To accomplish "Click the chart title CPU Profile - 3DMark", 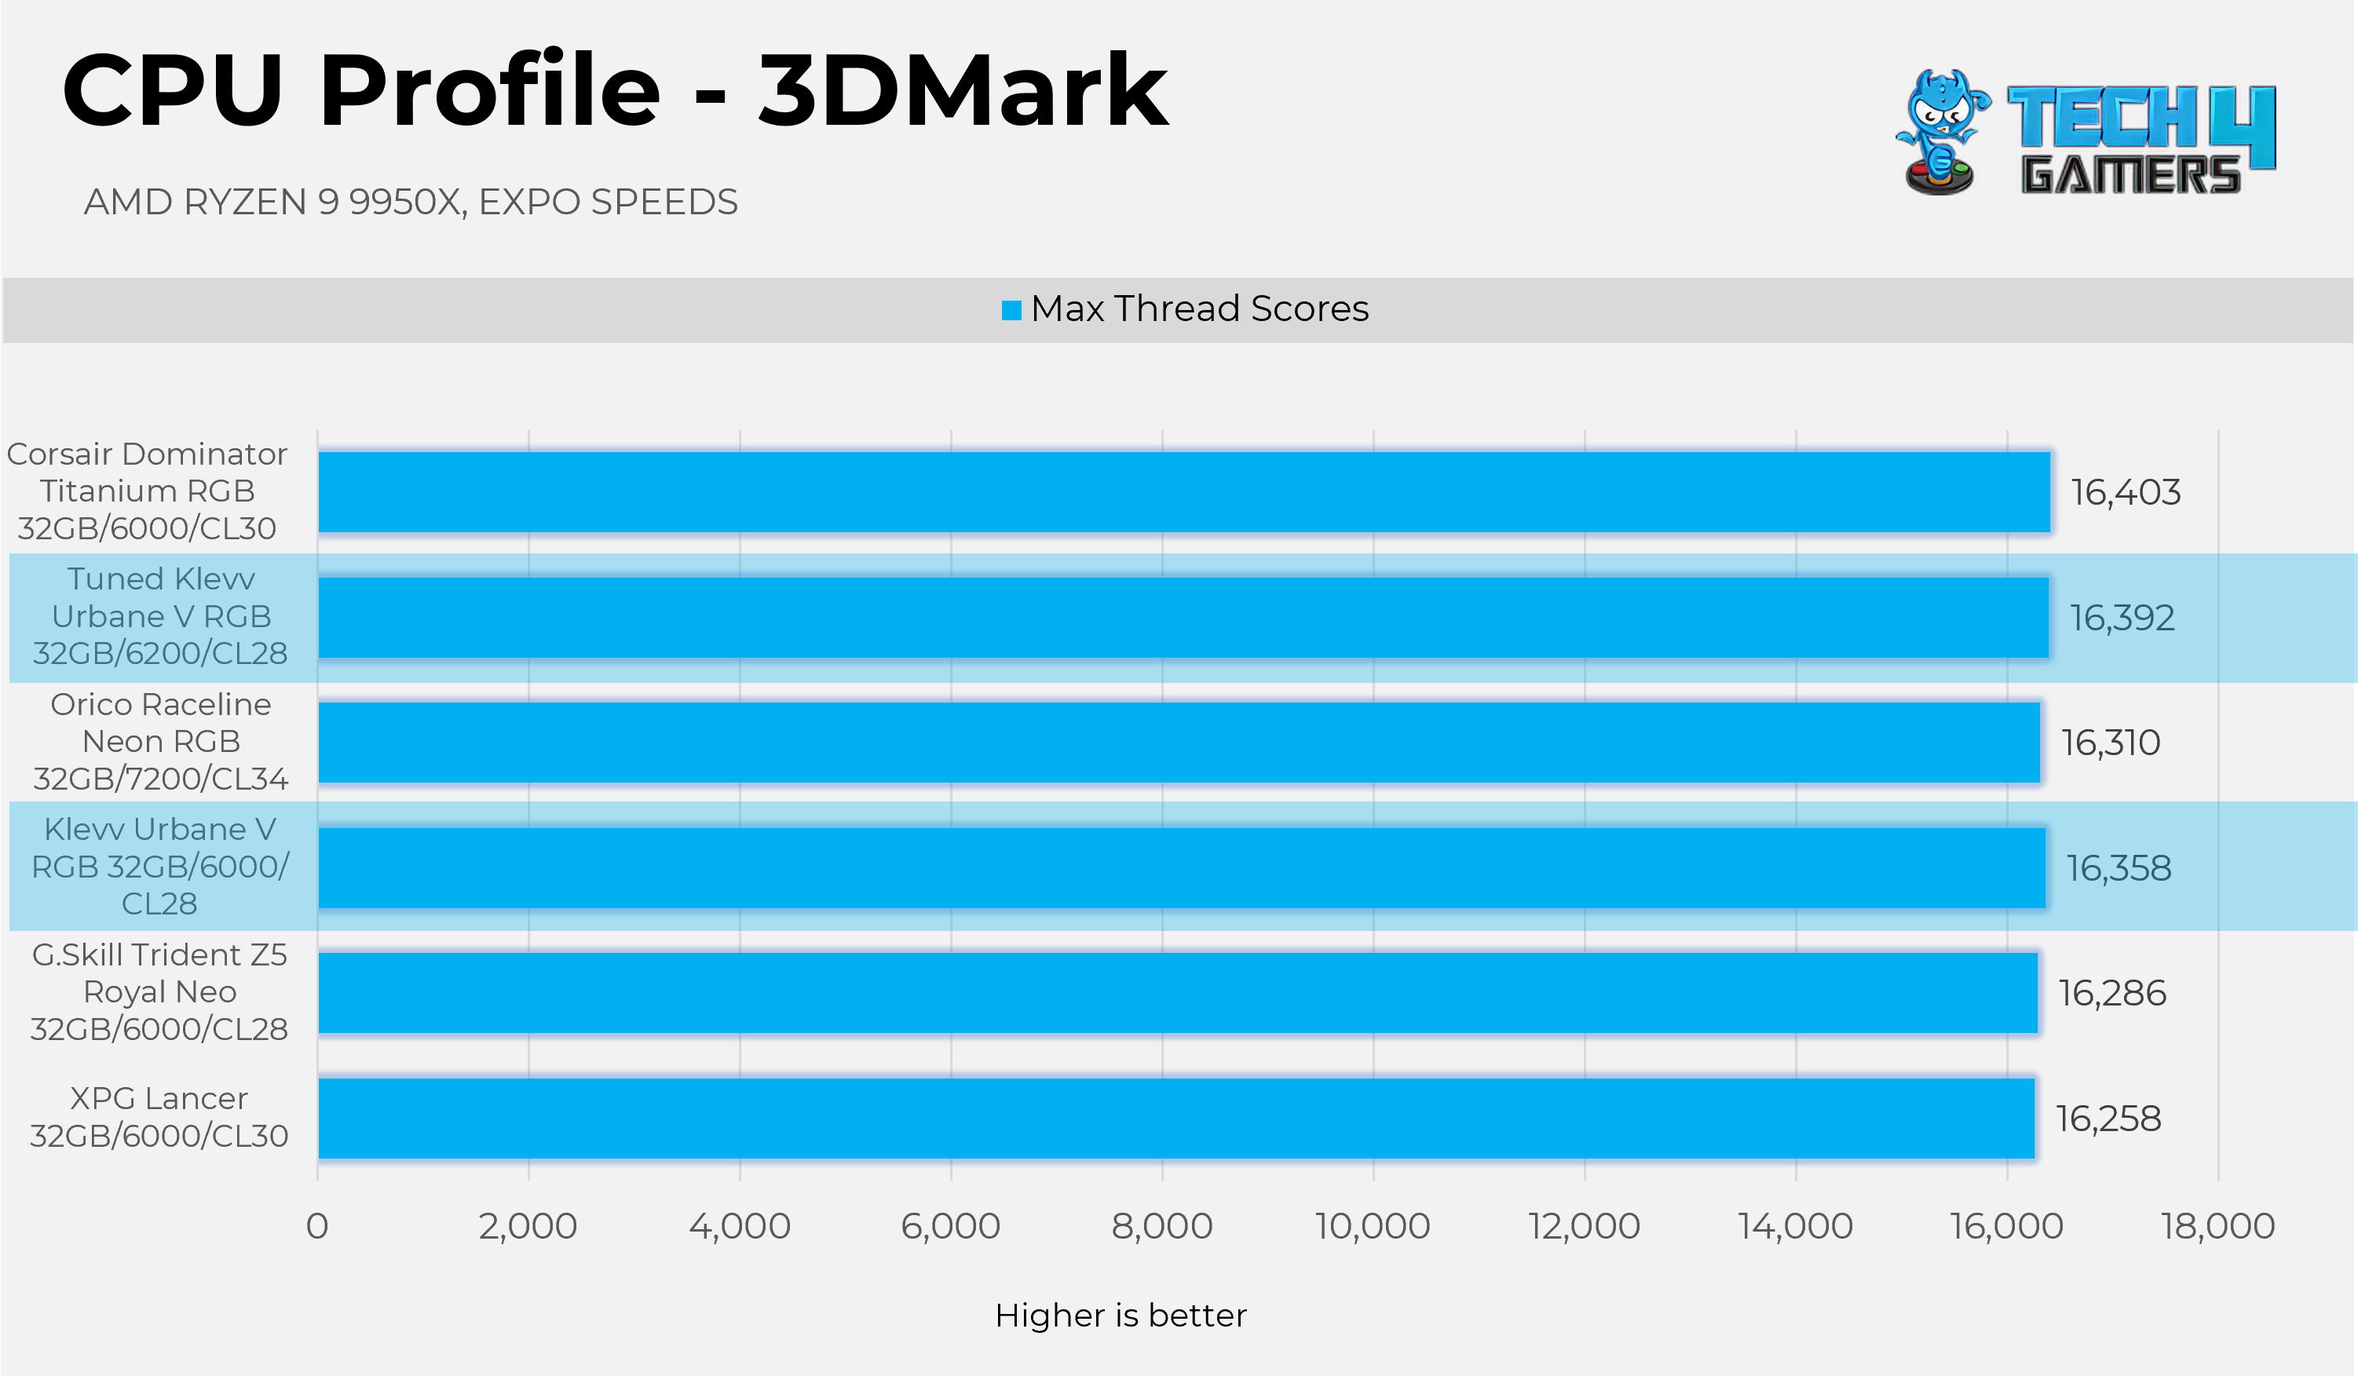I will pos(615,92).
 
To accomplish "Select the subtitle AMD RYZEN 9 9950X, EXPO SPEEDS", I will pos(411,202).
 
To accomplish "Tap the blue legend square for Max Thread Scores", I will pos(1011,309).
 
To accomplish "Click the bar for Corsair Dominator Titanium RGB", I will pos(1183,492).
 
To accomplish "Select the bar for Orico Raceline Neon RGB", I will pos(1179,742).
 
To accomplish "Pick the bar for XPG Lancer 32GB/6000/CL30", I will pos(1176,1118).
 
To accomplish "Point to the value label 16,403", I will pos(2125,493).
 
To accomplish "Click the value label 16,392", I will pos(2122,619).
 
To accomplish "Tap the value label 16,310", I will pos(2111,743).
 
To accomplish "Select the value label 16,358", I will pos(2119,868).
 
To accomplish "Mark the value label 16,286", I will pos(2112,994).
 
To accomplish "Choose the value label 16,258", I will pos(2108,1119).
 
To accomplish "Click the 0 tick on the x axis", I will pos(317,1225).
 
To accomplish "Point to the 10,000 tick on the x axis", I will pos(1373,1225).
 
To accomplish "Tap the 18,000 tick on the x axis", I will pos(2217,1225).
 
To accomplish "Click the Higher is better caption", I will pos(1120,1316).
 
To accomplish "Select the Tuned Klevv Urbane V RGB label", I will pos(161,616).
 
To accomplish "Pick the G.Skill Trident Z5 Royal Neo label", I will pos(160,991).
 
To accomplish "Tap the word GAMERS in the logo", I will pos(2130,175).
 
